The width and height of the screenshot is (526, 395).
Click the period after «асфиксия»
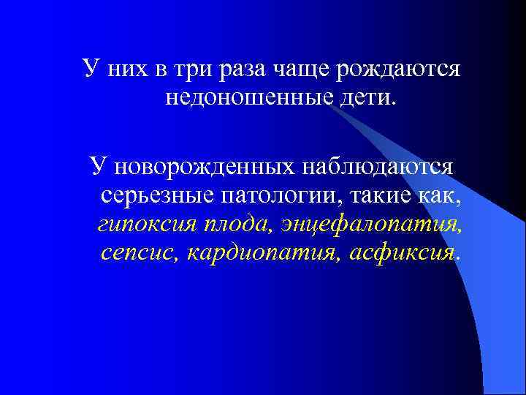(458, 257)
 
